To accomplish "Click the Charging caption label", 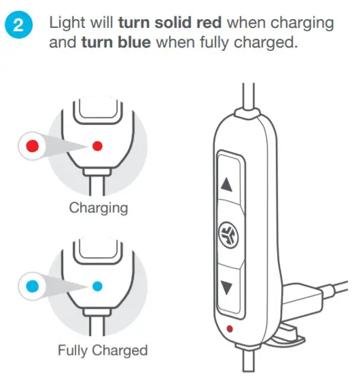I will tap(97, 207).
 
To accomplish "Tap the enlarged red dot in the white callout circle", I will tap(29, 145).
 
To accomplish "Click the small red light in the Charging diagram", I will tap(97, 145).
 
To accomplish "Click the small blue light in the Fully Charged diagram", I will tap(97, 286).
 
